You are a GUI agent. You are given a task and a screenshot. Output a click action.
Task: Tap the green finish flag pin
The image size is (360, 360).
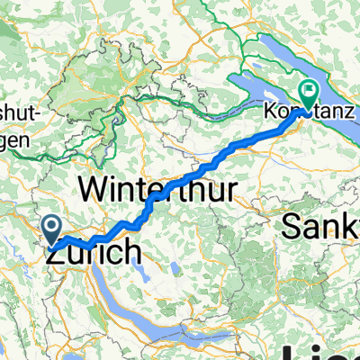click(308, 92)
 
